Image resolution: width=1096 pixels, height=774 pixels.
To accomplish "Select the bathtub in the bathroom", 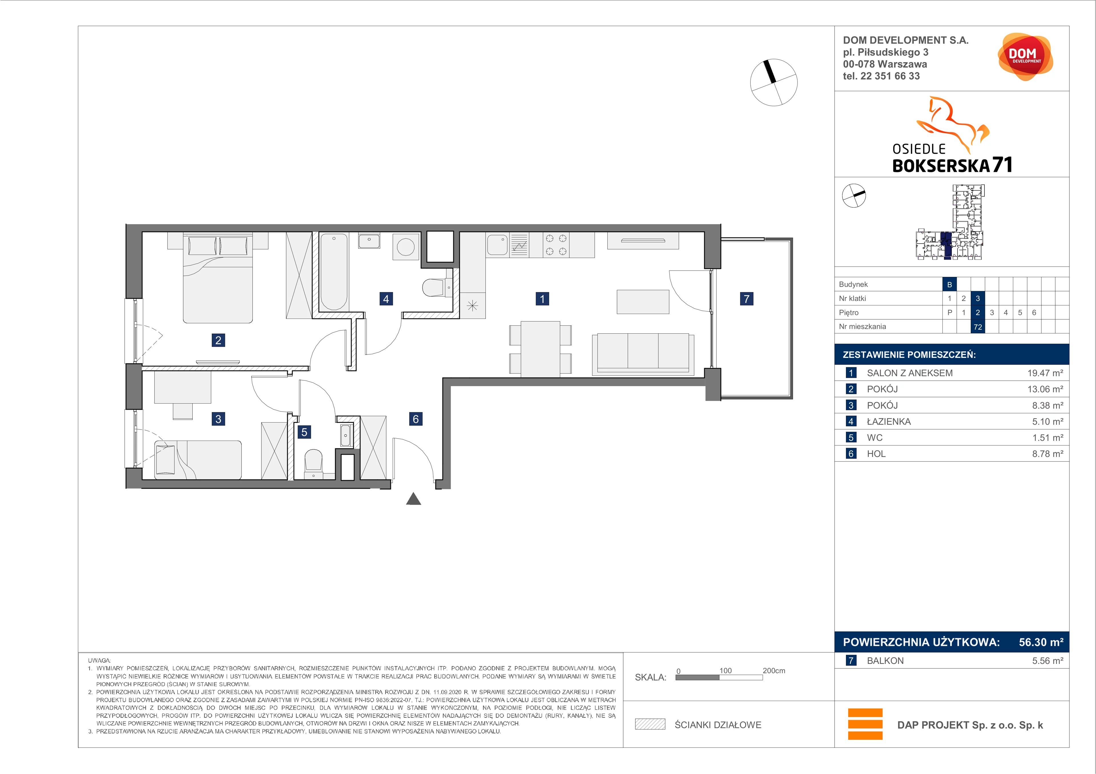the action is pyautogui.click(x=334, y=272).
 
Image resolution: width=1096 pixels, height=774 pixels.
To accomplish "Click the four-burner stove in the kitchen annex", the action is pyautogui.click(x=556, y=245).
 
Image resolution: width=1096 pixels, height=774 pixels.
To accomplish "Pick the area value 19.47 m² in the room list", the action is pyautogui.click(x=1045, y=373).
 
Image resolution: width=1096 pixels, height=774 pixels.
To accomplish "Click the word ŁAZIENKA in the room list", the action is pyautogui.click(x=889, y=422).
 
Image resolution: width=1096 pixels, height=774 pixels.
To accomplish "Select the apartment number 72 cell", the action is pyautogui.click(x=978, y=327).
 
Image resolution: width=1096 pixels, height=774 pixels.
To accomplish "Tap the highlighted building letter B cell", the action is pyautogui.click(x=950, y=284).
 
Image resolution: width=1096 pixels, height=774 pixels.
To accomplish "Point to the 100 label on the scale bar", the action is pyautogui.click(x=726, y=670).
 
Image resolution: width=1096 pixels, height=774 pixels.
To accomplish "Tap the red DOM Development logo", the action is pyautogui.click(x=1025, y=57).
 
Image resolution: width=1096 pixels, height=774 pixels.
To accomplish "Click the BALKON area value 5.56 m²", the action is pyautogui.click(x=1048, y=660).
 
